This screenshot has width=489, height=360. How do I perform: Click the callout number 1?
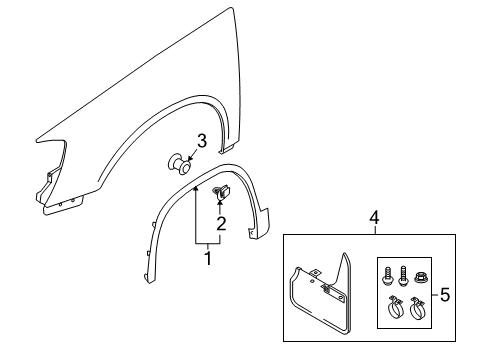(208, 258)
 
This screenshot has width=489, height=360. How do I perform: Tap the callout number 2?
(221, 223)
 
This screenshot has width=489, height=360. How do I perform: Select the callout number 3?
(202, 141)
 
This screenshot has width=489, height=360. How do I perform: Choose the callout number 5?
(445, 295)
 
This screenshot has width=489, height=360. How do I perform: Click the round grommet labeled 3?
(179, 164)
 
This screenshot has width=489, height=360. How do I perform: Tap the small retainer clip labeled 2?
(221, 193)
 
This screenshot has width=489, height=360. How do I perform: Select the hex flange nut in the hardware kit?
(421, 277)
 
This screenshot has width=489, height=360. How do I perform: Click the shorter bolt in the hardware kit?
(387, 275)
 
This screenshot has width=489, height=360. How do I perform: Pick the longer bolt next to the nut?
(403, 275)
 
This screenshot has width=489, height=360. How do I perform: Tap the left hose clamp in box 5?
(395, 307)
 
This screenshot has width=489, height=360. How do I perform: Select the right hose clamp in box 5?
(416, 307)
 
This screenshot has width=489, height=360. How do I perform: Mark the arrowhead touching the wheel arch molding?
(196, 189)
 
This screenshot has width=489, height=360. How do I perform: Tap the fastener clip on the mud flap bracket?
(325, 288)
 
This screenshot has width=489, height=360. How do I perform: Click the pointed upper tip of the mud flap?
(345, 254)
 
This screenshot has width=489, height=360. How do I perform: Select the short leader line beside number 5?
(435, 295)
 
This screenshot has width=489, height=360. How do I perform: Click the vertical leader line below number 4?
(375, 230)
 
